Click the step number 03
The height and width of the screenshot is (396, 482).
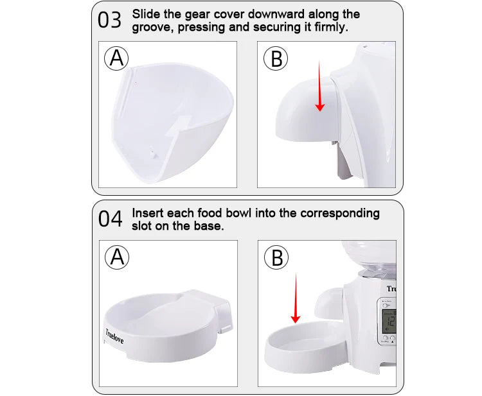point(109,21)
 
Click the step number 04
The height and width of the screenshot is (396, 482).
point(110,219)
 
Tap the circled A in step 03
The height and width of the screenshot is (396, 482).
point(116,58)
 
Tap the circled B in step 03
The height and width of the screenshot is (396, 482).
point(276,58)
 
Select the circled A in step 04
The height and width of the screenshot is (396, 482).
point(117,257)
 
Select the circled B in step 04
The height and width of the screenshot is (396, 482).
point(276,257)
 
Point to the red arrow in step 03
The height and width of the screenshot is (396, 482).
point(319,86)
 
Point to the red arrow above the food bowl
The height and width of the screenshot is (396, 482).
point(296,298)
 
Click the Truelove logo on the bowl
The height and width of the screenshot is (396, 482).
point(114,336)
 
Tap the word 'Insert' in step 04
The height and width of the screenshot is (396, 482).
point(148,213)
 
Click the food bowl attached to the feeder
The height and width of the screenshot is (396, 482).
point(305,347)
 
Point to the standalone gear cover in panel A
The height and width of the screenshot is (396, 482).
point(172,123)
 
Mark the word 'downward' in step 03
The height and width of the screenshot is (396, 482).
point(276,14)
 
